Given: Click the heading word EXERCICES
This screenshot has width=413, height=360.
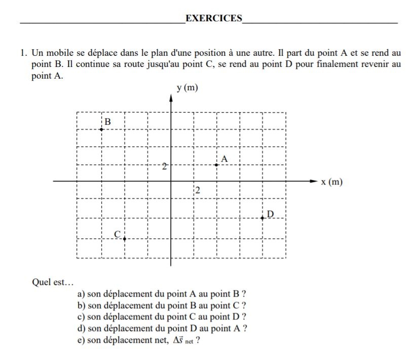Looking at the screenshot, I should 214,19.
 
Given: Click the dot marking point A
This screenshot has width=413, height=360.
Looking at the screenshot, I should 216,165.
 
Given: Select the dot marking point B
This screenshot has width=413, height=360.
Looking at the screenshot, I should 101,129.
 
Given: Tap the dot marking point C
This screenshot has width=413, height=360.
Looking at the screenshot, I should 124,238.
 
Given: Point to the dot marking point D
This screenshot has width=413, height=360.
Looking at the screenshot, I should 262,218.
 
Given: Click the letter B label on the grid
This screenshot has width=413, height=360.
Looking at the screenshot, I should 107,122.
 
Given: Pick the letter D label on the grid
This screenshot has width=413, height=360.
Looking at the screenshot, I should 270,214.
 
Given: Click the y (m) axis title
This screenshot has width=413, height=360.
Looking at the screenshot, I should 187,88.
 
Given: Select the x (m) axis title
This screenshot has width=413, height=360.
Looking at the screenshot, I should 332,182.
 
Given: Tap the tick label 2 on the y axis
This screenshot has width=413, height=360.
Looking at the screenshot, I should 164,166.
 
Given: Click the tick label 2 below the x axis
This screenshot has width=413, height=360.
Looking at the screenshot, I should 198,191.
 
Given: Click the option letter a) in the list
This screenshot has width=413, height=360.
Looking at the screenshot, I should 81,294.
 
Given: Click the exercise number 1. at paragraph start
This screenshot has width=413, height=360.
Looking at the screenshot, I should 24,53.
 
